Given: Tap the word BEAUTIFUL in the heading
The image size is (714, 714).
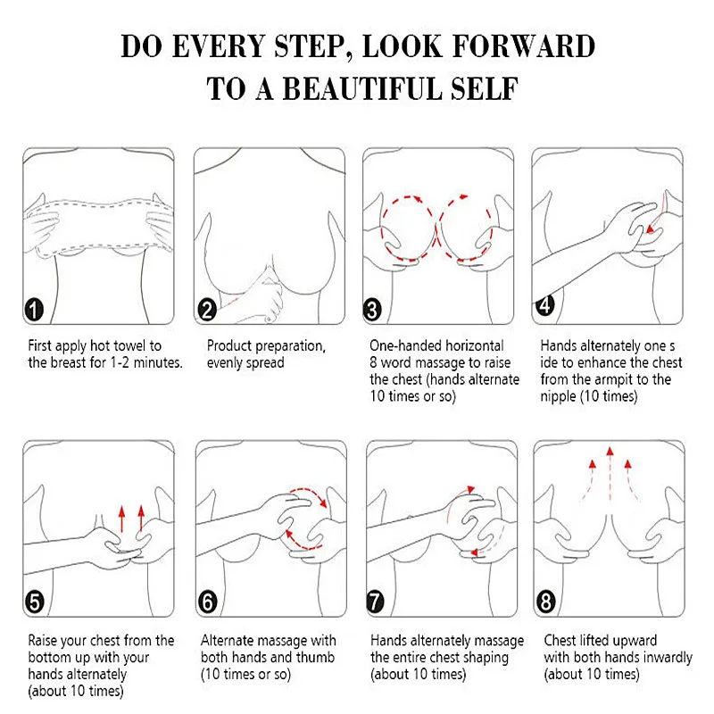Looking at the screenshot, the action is coord(363,88).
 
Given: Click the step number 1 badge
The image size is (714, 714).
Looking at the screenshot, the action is coord(33,310).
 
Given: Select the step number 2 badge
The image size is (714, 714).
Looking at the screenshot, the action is coord(207,310).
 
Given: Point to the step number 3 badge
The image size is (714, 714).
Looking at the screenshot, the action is coord(372,310).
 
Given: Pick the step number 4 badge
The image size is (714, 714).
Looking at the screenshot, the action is coord(545,304).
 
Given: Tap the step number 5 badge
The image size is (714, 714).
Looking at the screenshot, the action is coord(34,602).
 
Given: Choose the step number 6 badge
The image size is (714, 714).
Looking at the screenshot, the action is coord(208,602).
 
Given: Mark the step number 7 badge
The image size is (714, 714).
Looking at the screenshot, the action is coord(376,602).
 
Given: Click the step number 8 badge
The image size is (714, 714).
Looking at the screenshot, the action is coord(546,602).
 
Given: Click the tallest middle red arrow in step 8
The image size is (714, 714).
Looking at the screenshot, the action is coord(610,475).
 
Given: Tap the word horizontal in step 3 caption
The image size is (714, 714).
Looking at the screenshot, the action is coord(474,345).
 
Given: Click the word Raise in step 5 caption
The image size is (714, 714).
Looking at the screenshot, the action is coord(42,641).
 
